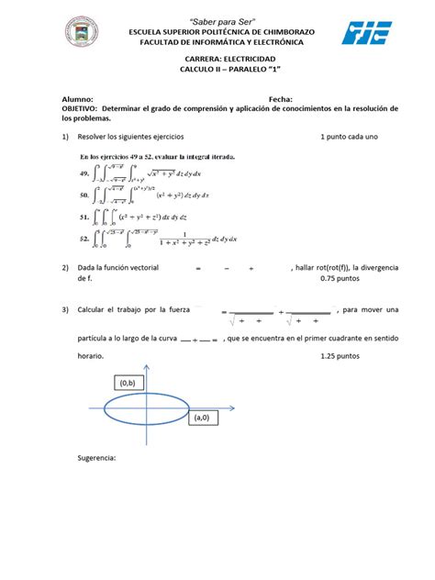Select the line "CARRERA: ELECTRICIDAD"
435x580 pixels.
216,59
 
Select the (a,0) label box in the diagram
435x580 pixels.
201,417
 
